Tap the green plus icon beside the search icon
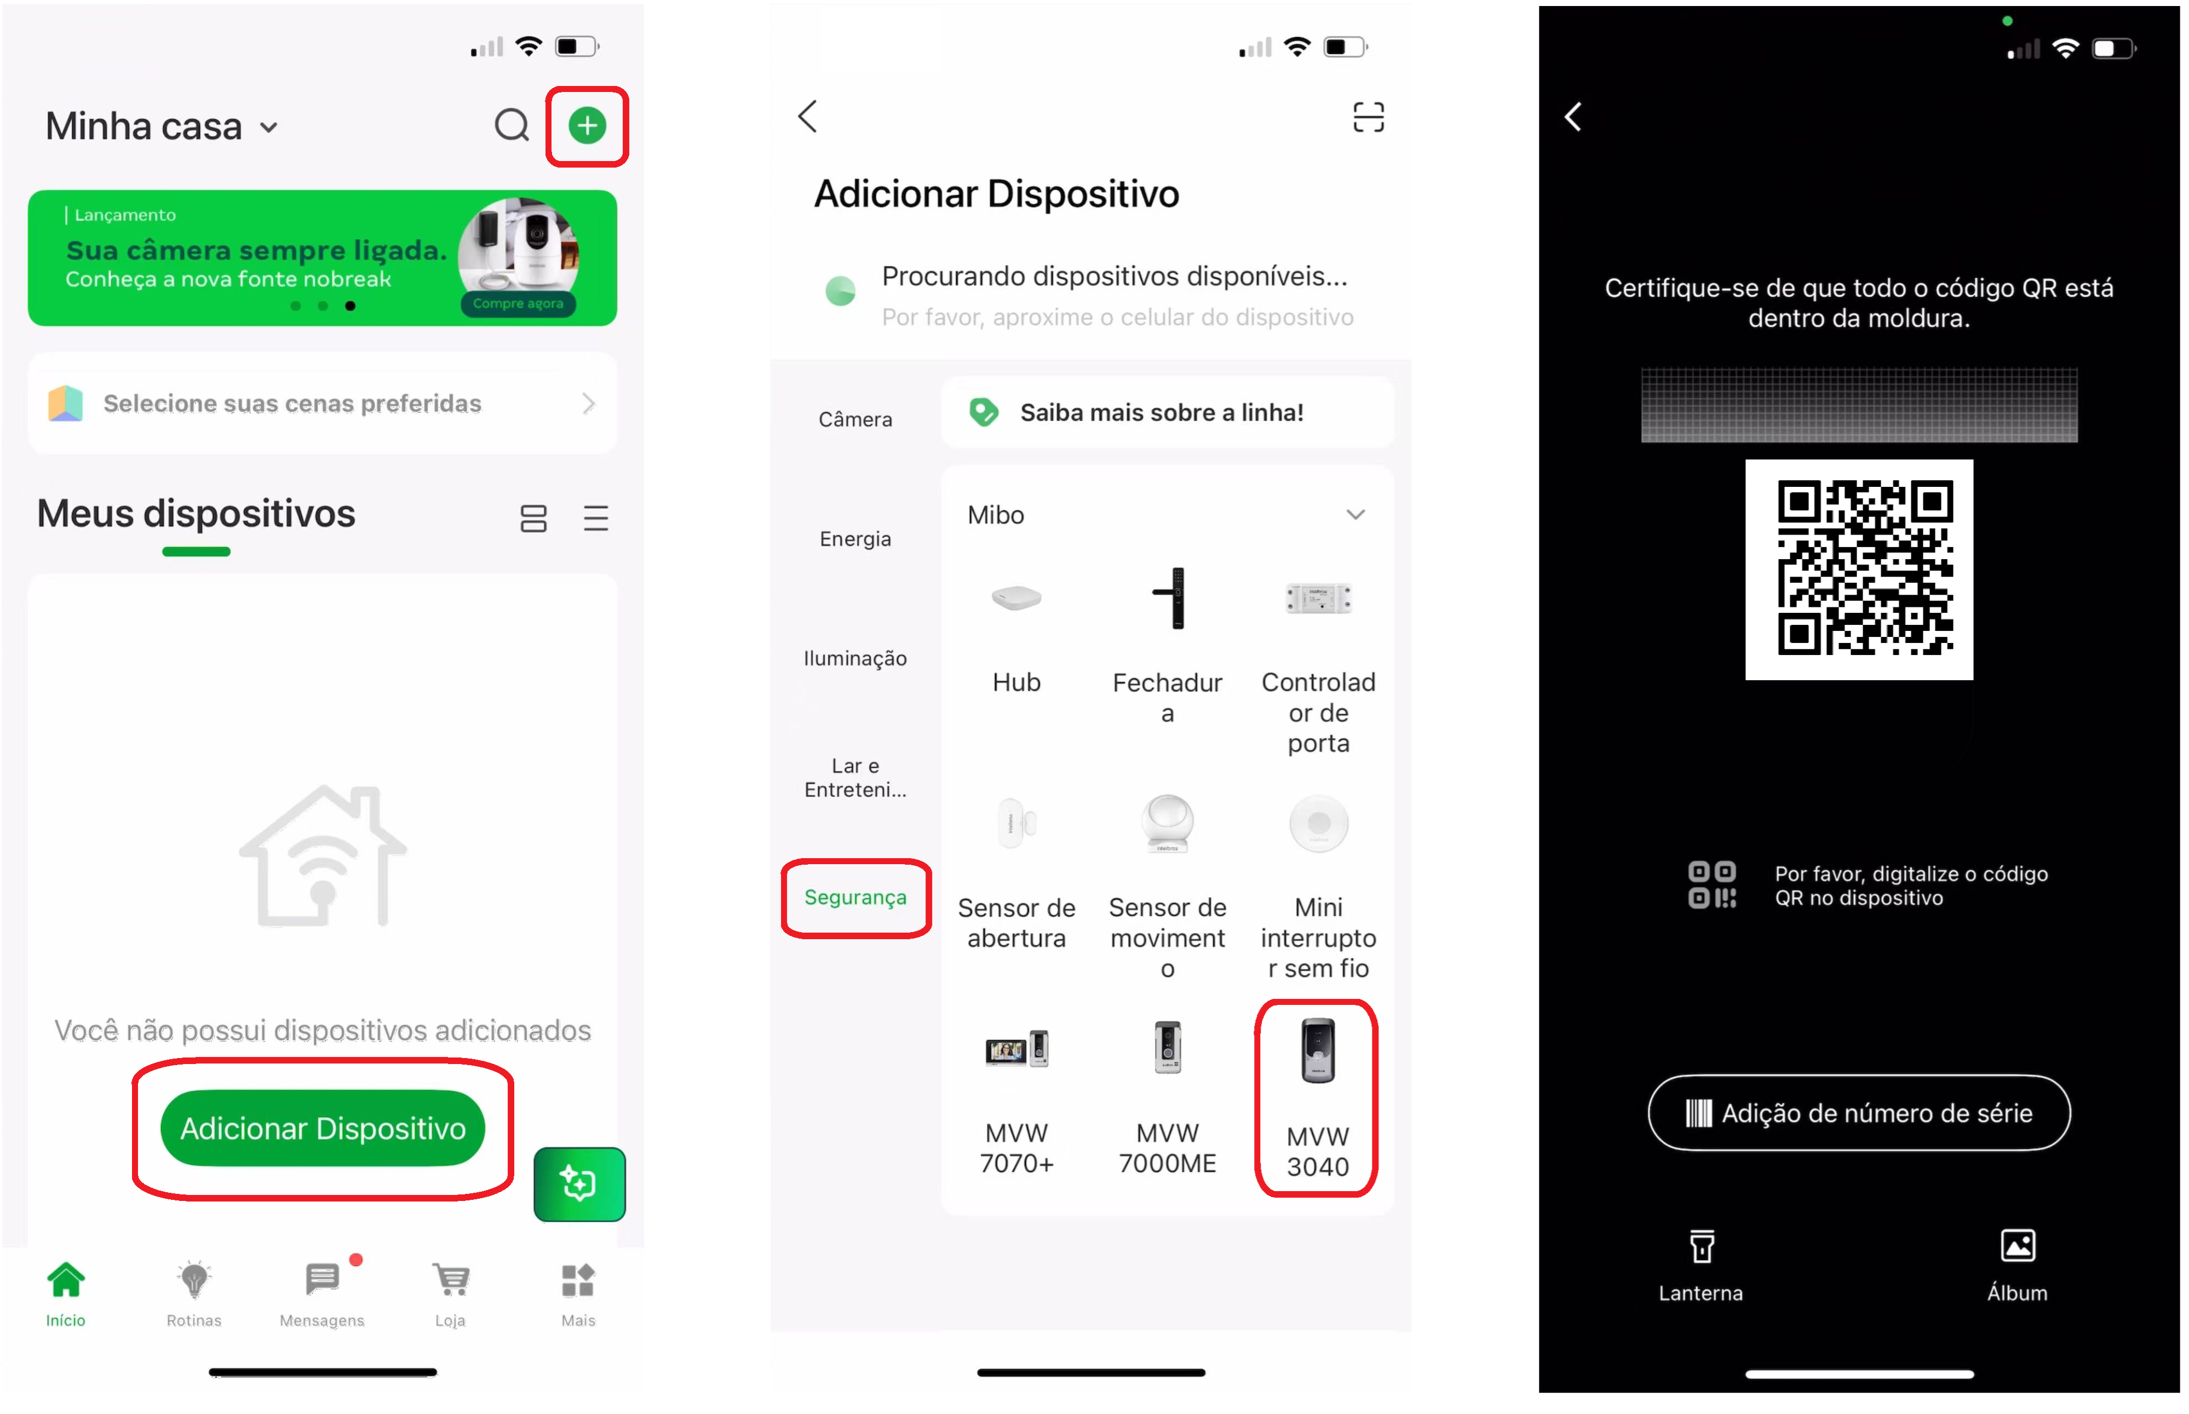pos(587,126)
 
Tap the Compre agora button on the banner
pos(518,303)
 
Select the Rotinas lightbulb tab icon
pos(194,1279)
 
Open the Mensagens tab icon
pos(322,1278)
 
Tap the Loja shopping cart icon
pos(451,1279)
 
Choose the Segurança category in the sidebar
pos(855,897)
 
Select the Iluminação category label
pos(855,658)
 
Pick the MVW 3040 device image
pos(1318,1051)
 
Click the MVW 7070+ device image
pos(1016,1049)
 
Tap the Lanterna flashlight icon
pos(1702,1247)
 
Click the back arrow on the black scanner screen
pos(1573,117)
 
